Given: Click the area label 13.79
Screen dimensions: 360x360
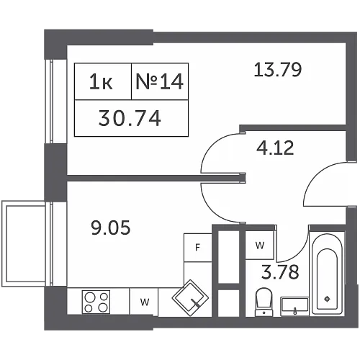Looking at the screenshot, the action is [x=277, y=70].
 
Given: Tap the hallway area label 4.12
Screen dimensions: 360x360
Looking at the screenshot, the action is [x=275, y=148].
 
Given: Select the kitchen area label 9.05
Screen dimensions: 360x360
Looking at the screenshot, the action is [x=111, y=228].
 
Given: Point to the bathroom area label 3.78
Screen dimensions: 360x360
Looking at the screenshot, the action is [x=280, y=272].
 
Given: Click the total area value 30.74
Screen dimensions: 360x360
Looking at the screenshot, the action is [x=130, y=118].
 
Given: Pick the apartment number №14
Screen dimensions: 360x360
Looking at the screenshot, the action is [x=160, y=81].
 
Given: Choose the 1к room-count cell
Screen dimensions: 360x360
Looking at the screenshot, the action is [x=103, y=81].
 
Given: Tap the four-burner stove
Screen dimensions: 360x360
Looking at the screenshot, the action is [x=96, y=302].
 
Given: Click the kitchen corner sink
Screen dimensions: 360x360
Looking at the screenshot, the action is [x=190, y=298].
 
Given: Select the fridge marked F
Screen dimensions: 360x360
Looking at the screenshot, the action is [x=197, y=248].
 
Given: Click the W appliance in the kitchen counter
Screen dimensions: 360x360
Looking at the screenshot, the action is [x=144, y=302].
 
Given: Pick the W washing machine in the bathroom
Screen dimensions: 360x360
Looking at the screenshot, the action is [x=260, y=245].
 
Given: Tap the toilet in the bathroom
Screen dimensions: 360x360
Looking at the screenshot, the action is [x=264, y=302].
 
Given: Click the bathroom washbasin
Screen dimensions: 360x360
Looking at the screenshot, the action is [x=294, y=307].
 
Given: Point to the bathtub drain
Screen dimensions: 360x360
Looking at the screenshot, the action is [x=327, y=299].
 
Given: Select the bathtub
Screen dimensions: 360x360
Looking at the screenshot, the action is [x=328, y=274].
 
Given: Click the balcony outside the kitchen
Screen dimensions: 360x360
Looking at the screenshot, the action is [x=24, y=243].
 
